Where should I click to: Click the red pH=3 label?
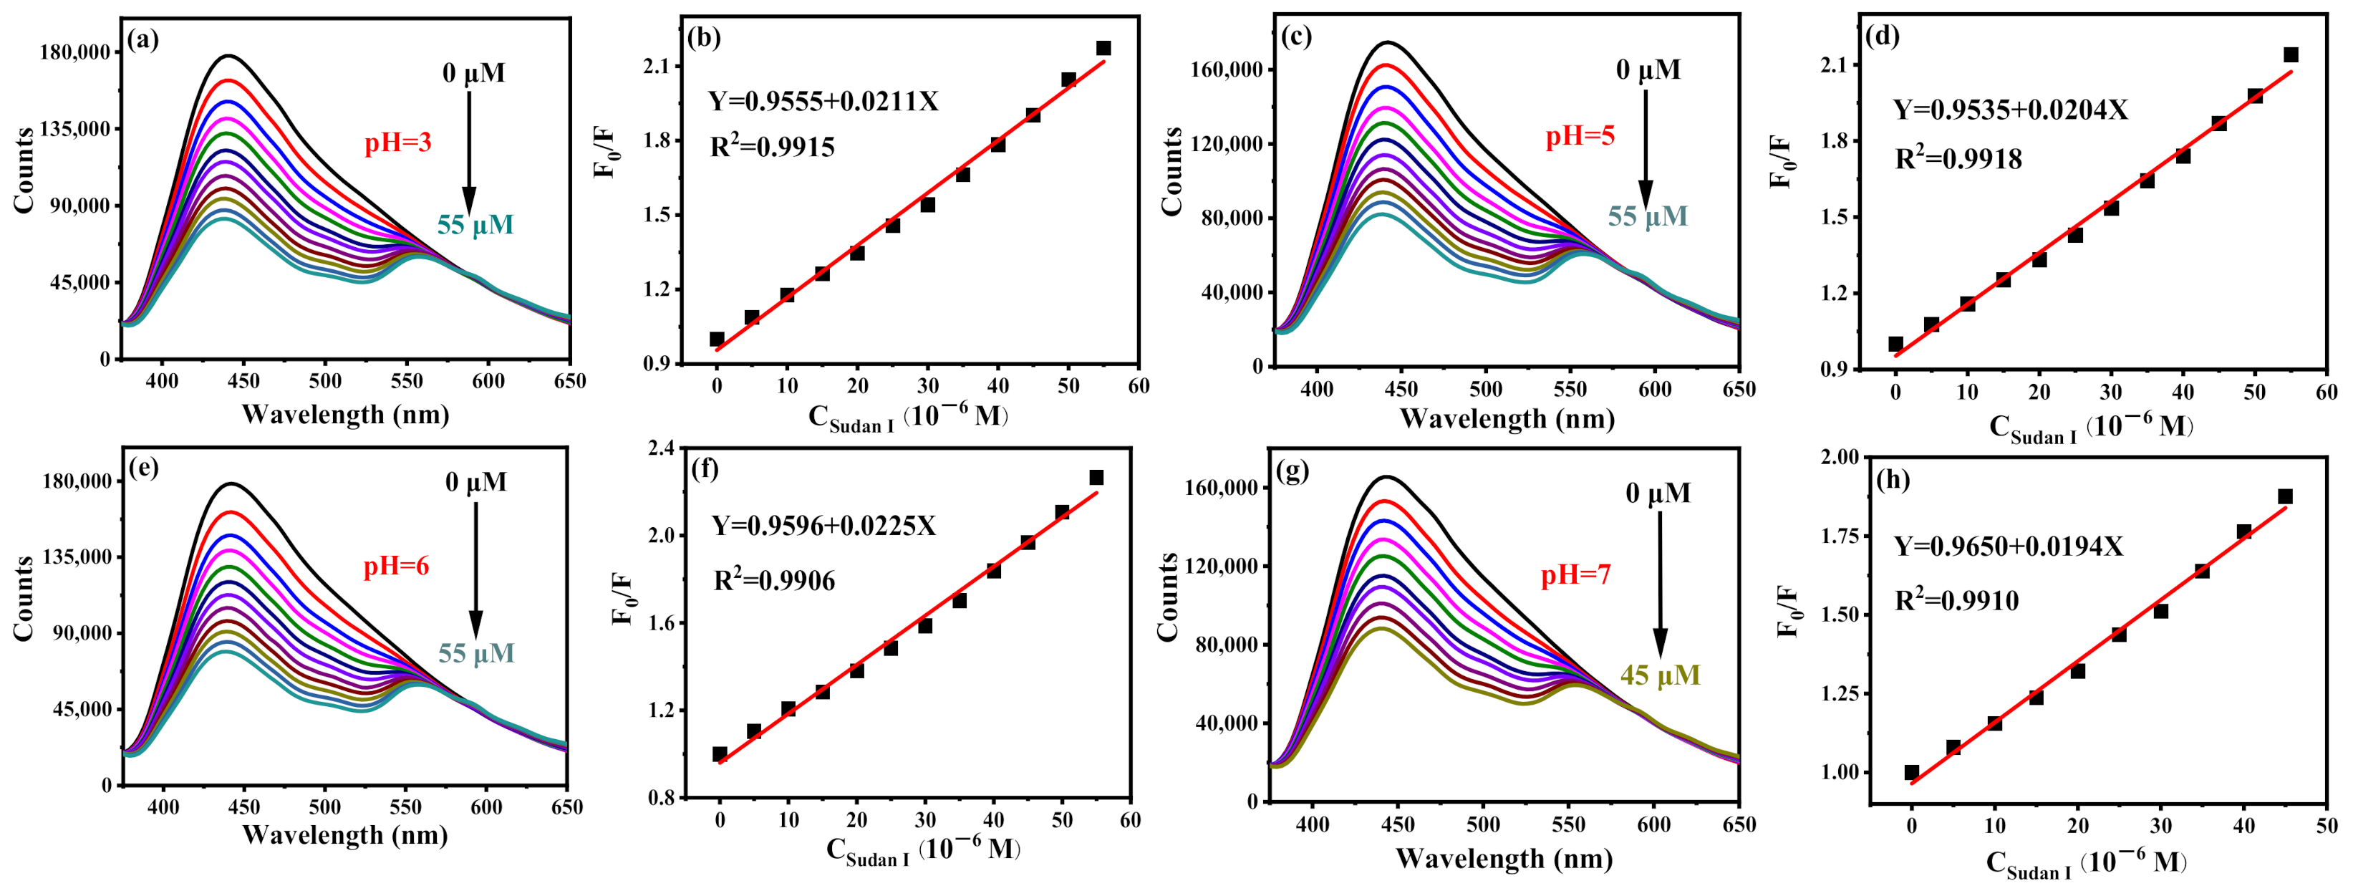(x=397, y=143)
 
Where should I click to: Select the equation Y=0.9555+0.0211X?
(x=823, y=102)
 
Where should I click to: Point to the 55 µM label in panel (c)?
(x=1647, y=216)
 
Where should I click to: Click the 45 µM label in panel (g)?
(x=1660, y=676)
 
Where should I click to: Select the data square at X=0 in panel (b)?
(x=717, y=339)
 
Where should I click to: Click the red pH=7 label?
(x=1575, y=575)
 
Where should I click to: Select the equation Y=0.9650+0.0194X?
(x=2008, y=547)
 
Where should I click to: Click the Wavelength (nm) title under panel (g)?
(x=1504, y=859)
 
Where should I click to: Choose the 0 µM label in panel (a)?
(x=473, y=73)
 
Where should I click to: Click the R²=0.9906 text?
(x=773, y=581)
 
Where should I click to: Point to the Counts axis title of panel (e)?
(x=24, y=598)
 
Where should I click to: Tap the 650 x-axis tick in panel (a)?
(x=569, y=381)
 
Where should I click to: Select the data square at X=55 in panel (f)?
(x=1096, y=478)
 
